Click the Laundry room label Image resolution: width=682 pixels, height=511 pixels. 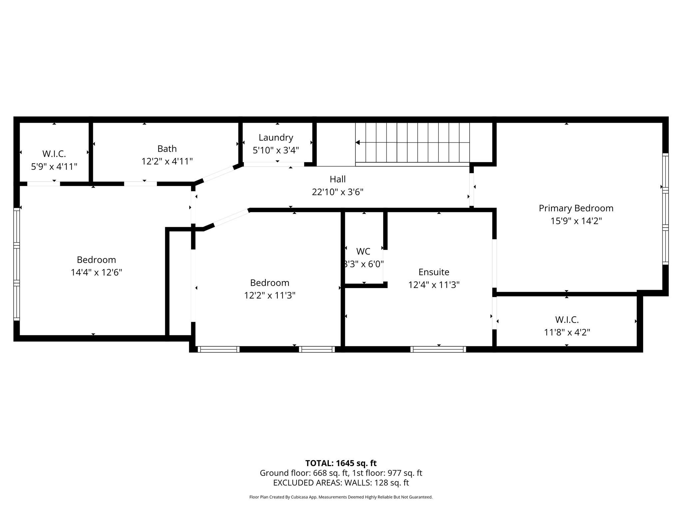(x=276, y=137)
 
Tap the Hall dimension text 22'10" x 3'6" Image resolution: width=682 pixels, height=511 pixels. (x=337, y=192)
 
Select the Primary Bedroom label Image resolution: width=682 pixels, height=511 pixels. (x=576, y=208)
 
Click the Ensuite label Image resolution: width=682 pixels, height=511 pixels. (x=434, y=272)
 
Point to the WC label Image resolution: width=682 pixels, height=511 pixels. (x=363, y=251)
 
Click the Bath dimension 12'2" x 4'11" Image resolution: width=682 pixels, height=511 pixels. (x=167, y=161)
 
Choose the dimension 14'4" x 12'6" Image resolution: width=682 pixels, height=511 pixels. (x=96, y=272)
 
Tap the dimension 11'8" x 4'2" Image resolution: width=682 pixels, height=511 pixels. (x=567, y=332)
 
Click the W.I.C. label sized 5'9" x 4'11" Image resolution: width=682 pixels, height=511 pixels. (x=54, y=154)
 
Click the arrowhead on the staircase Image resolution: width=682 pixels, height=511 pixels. (x=357, y=142)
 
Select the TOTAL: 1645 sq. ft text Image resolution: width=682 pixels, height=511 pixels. (x=341, y=463)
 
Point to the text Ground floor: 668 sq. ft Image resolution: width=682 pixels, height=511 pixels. (x=304, y=473)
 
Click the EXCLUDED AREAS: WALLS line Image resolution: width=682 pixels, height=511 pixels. (x=341, y=483)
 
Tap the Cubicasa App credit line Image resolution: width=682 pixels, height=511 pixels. (x=341, y=497)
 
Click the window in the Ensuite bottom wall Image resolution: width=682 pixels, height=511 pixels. (x=438, y=349)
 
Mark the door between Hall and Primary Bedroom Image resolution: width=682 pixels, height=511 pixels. (x=472, y=190)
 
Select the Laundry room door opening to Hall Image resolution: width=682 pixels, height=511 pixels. (x=274, y=164)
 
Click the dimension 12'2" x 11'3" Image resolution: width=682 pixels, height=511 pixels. (x=269, y=295)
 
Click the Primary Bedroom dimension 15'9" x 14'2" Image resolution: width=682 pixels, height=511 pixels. (x=576, y=221)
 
